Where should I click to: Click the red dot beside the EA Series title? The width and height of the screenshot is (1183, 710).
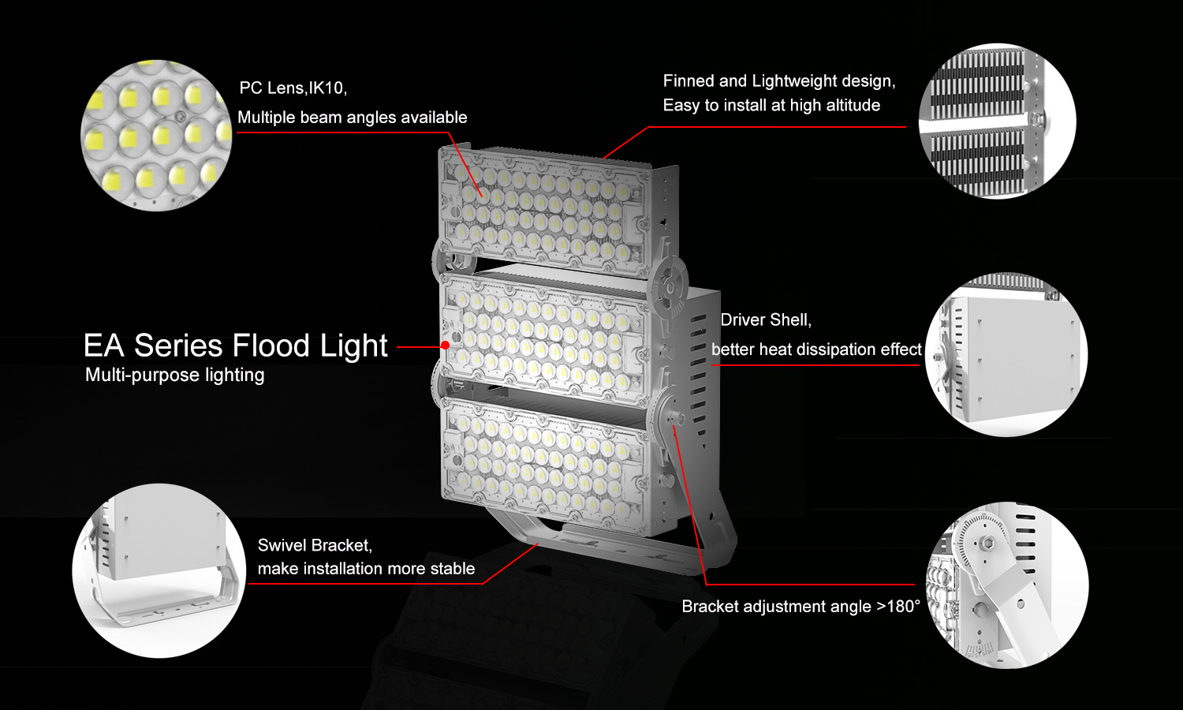click(x=446, y=345)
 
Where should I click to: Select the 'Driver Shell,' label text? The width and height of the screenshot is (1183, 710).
click(x=766, y=320)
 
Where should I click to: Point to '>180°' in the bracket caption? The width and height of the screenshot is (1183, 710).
click(x=898, y=606)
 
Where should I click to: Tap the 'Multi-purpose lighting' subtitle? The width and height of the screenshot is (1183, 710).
click(x=175, y=375)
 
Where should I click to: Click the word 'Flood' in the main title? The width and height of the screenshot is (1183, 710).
click(x=271, y=346)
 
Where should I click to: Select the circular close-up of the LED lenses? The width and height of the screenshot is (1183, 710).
click(x=156, y=135)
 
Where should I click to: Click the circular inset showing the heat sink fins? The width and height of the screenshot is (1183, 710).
click(x=997, y=121)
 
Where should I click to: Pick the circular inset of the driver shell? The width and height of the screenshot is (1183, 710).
click(x=1006, y=354)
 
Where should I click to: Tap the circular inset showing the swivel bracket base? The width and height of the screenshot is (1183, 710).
click(x=159, y=570)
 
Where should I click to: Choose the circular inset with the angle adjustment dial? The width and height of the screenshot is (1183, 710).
click(x=1007, y=585)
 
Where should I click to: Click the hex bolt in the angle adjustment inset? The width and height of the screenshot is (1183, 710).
click(x=986, y=543)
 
